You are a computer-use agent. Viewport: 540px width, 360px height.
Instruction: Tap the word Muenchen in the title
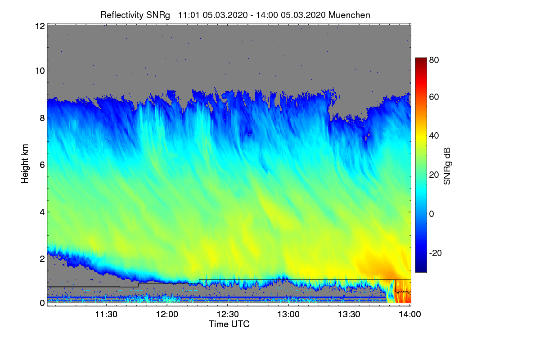click(349, 15)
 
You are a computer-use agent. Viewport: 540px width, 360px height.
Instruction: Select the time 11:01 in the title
click(188, 15)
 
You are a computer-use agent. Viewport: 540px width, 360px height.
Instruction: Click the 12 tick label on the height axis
click(39, 26)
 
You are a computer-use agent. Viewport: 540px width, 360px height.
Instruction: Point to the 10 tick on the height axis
click(39, 71)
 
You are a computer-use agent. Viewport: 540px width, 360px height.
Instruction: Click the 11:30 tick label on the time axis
click(106, 315)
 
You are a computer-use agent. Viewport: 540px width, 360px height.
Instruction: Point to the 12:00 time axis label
click(167, 315)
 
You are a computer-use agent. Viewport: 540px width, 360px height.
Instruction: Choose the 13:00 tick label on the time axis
click(288, 315)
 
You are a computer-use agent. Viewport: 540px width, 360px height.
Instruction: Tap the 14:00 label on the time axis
click(410, 315)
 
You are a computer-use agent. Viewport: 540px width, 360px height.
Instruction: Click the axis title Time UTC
click(229, 324)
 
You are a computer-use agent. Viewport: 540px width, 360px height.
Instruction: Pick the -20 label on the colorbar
click(436, 253)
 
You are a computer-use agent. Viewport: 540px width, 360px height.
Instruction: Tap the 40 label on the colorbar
click(434, 136)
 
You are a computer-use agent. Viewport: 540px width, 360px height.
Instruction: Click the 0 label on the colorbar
click(432, 214)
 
